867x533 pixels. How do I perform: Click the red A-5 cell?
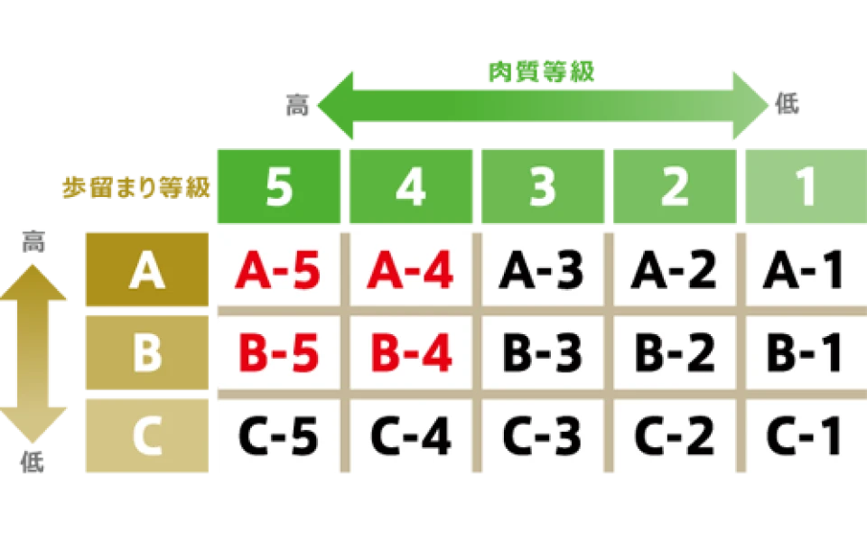(x=278, y=270)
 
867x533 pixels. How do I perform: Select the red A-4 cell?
(x=410, y=270)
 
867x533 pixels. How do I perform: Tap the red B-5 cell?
(x=278, y=353)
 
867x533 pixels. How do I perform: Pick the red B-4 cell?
(x=410, y=353)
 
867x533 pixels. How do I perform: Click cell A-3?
(x=542, y=270)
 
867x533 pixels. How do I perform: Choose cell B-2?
(x=674, y=353)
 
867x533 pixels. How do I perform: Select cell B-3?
(x=542, y=353)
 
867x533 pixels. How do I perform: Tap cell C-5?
(x=278, y=436)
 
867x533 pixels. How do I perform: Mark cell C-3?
(x=542, y=436)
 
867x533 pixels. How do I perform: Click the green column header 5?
(x=278, y=188)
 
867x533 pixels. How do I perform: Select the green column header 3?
(x=542, y=188)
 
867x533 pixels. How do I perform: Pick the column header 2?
(x=674, y=188)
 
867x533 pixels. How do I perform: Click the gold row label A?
(x=146, y=270)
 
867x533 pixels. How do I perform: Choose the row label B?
(x=146, y=353)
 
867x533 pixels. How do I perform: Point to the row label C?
(x=146, y=436)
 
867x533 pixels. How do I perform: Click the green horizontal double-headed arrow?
(x=542, y=107)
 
